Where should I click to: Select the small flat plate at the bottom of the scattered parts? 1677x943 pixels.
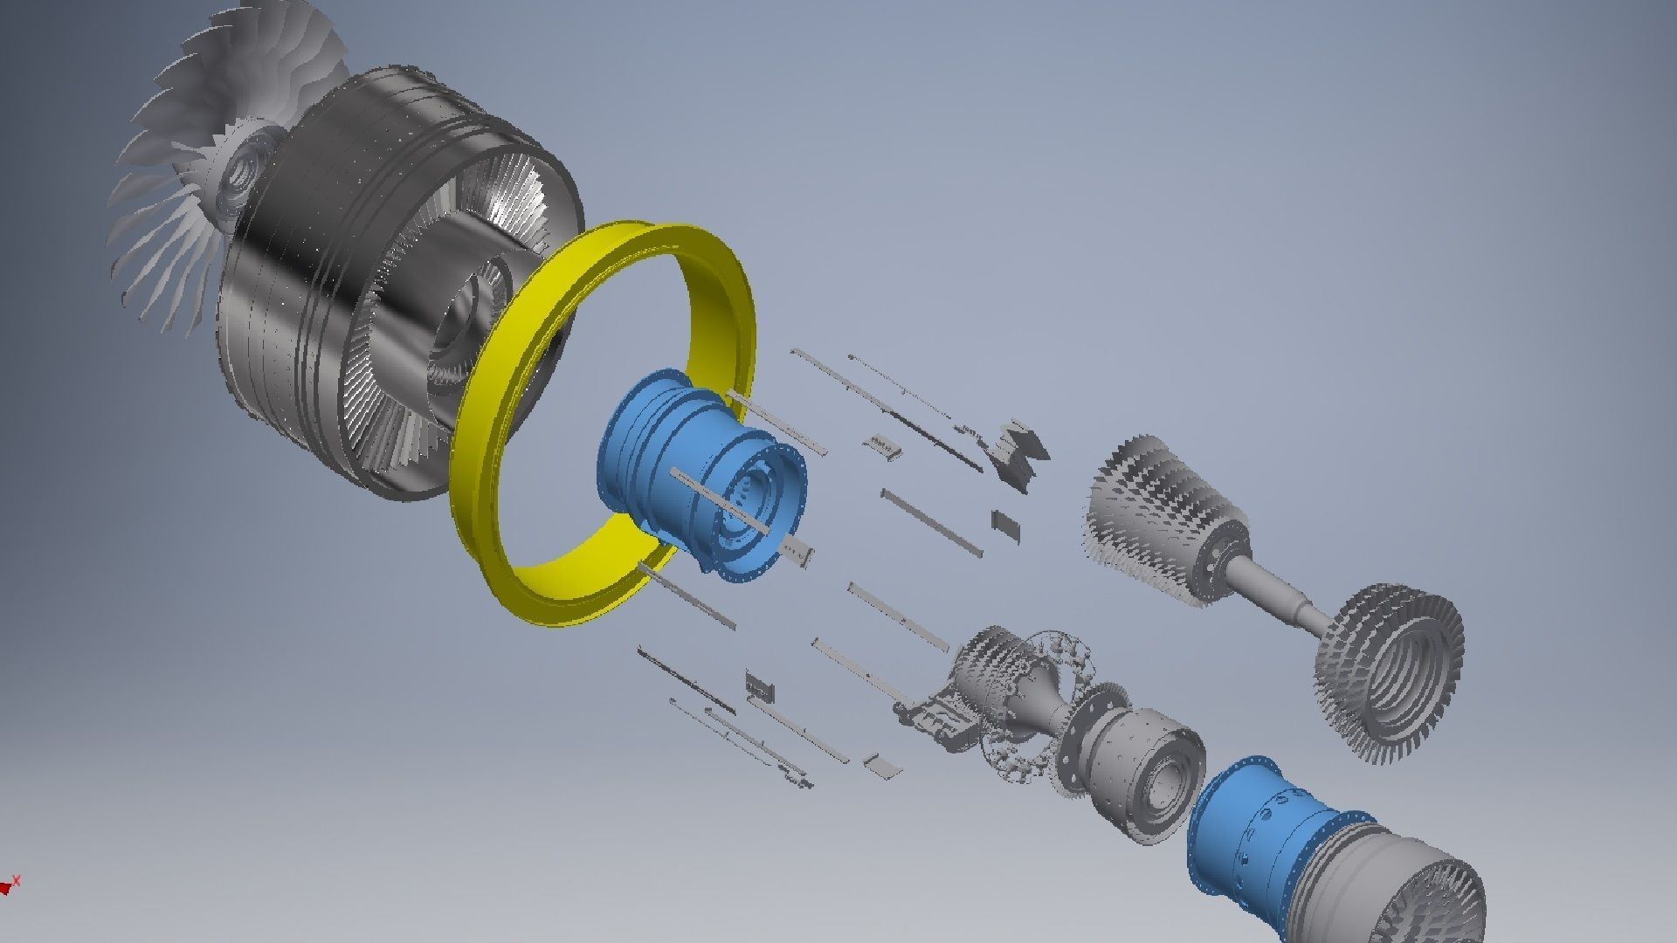pos(880,766)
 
